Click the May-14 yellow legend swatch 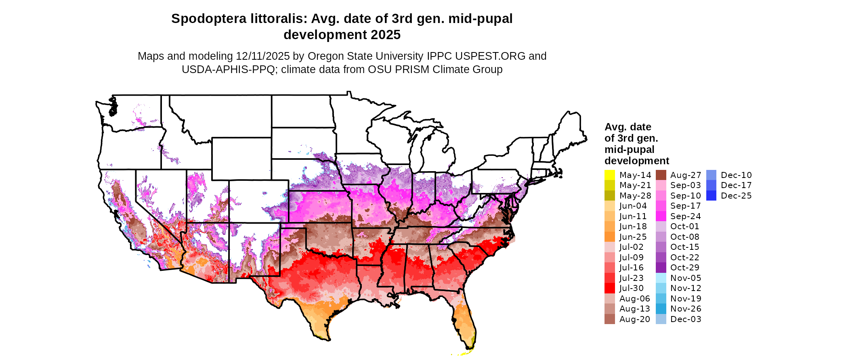coord(609,175)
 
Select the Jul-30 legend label coord(632,288)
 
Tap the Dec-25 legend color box coord(711,196)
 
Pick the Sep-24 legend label coord(685,216)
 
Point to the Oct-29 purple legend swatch coord(661,268)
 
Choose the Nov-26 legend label coord(685,309)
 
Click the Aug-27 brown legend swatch coord(661,175)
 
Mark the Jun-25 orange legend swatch coord(609,237)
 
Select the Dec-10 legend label coord(736,175)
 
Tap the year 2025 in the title coord(386,35)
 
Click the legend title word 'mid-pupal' coord(629,149)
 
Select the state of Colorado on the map coord(258,201)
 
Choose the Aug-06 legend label coord(635,299)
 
